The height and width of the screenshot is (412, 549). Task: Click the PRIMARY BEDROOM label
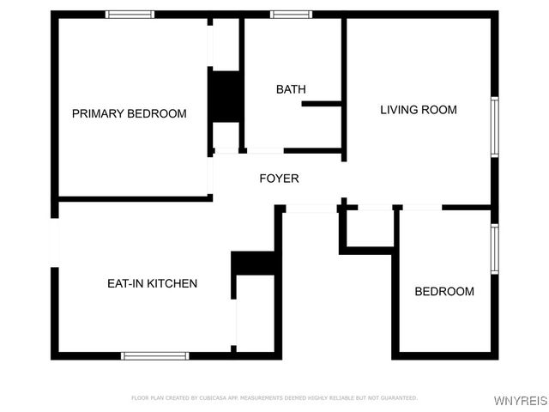[x=129, y=113]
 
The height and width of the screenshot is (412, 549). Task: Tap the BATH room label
[x=291, y=89]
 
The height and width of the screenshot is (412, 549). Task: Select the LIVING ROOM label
[x=419, y=110]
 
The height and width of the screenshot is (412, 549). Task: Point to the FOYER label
[x=279, y=179]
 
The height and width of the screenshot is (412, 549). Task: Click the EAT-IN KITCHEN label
[x=152, y=283]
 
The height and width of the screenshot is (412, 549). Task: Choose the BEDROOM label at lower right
[x=443, y=292]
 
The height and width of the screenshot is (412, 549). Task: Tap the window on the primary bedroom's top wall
[x=130, y=15]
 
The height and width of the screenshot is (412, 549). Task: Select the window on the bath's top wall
[x=291, y=15]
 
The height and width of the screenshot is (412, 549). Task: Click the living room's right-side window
[x=494, y=126]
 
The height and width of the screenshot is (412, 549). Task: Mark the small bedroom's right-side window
[x=494, y=249]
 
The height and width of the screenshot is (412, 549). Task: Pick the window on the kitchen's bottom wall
[x=154, y=354]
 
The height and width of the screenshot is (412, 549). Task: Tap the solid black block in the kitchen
[x=253, y=263]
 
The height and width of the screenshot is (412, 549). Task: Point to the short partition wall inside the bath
[x=322, y=104]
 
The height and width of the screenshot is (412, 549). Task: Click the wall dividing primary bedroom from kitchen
[x=133, y=199]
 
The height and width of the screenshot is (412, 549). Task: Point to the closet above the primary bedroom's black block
[x=226, y=43]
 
